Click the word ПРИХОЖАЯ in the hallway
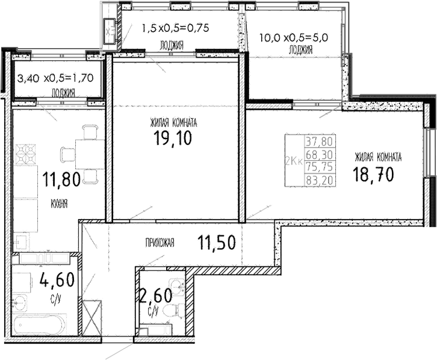(x=160, y=243)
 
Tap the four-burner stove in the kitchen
(x=26, y=154)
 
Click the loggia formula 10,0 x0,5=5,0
(x=293, y=37)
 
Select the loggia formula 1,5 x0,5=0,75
(x=175, y=27)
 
